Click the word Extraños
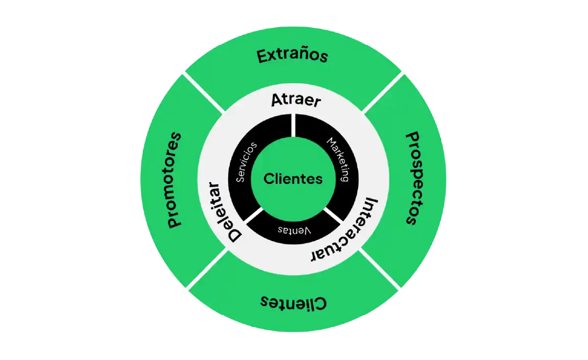292,55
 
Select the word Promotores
175,179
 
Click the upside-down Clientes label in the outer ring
293,302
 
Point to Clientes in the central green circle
293,179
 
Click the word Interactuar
344,229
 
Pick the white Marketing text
338,159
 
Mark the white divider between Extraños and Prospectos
383,92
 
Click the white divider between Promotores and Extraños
203,91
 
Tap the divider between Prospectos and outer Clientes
383,271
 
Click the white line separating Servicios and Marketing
293,125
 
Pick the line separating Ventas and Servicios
254,217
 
